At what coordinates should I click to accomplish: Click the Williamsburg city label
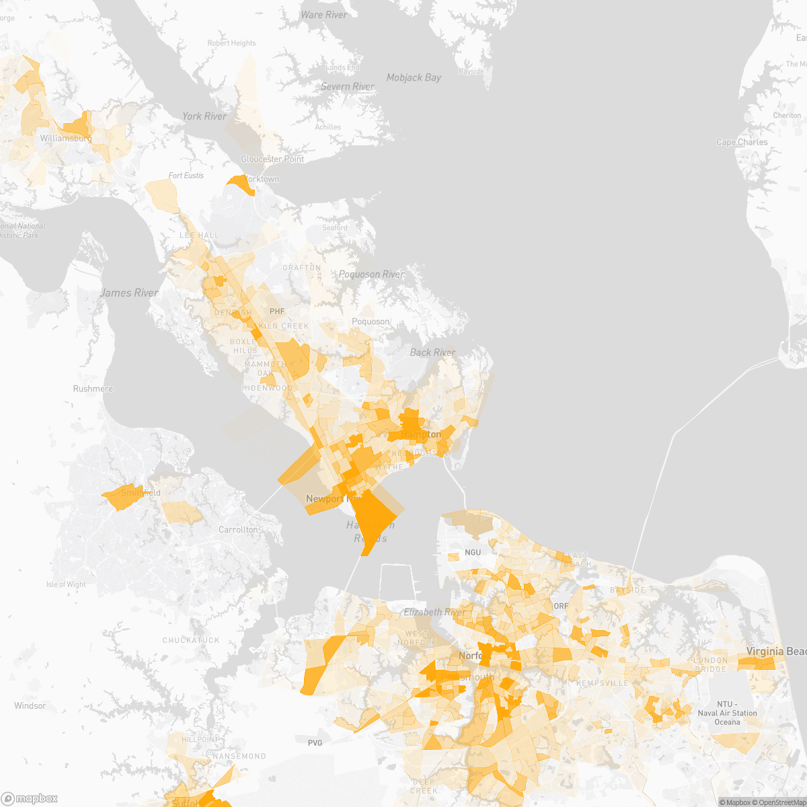[65, 138]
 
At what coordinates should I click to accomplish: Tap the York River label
[204, 116]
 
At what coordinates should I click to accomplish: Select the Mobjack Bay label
[414, 77]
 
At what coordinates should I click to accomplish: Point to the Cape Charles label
[742, 142]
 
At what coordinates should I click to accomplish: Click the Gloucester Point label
[272, 159]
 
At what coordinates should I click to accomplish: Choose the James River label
[129, 293]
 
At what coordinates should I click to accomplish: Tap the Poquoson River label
[371, 274]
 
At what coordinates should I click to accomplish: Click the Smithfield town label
[141, 493]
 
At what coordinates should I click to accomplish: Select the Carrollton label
[238, 530]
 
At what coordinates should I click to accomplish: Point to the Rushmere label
[93, 389]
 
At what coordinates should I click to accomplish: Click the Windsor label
[30, 705]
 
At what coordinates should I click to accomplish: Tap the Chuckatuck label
[191, 640]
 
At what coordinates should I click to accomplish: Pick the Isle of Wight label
[66, 584]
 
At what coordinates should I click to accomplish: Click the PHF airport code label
[277, 311]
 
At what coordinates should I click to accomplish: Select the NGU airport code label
[473, 552]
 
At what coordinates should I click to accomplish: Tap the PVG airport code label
[315, 742]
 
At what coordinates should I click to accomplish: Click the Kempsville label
[603, 683]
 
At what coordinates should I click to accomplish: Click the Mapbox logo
[30, 798]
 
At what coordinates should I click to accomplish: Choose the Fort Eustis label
[186, 176]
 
